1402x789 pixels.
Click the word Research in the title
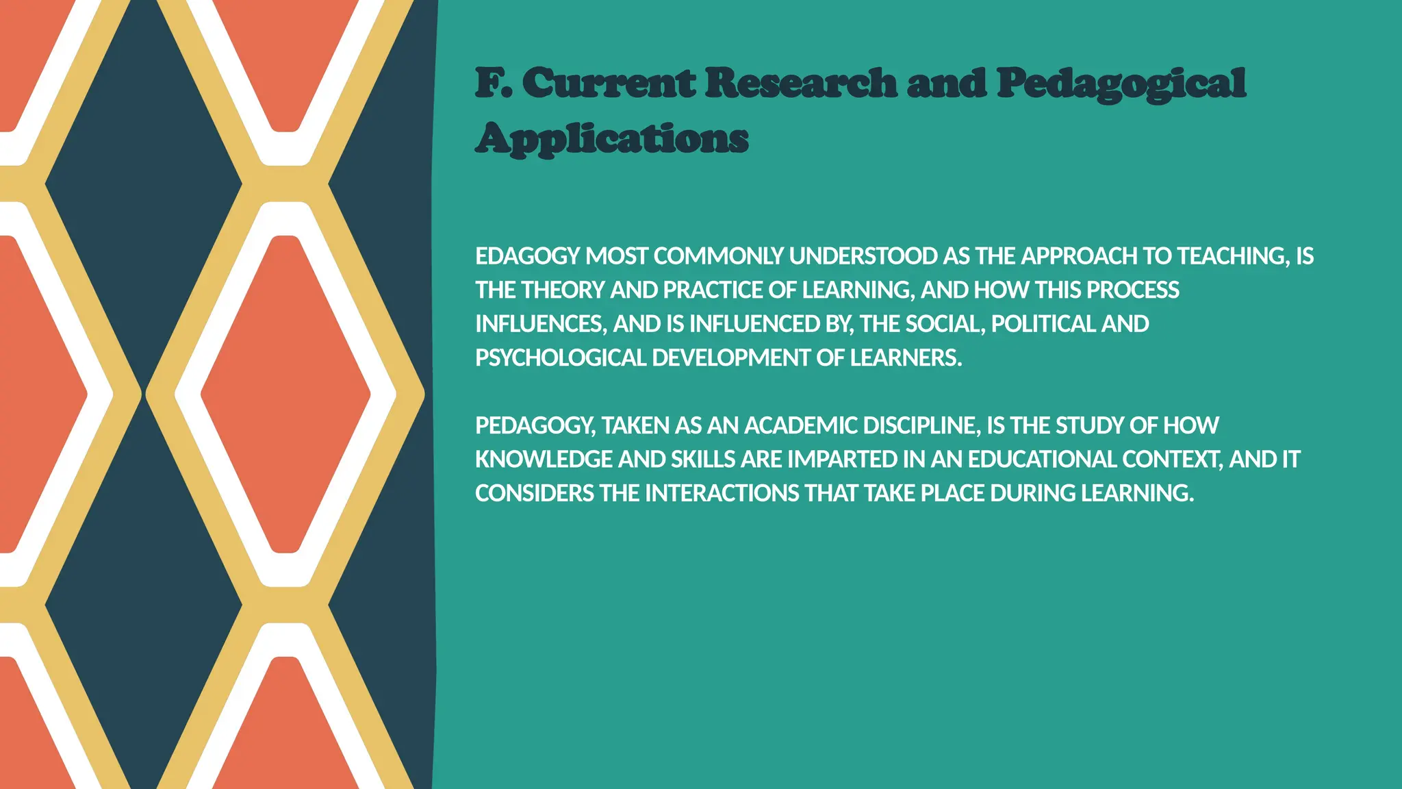pyautogui.click(x=800, y=83)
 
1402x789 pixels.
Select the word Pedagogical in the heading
pyautogui.click(x=1121, y=84)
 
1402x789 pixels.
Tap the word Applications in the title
pyautogui.click(x=611, y=139)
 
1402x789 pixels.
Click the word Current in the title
pyautogui.click(x=609, y=83)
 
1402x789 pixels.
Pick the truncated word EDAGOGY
pyautogui.click(x=527, y=256)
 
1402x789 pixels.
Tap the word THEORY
pyautogui.click(x=563, y=290)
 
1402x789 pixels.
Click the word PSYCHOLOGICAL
pyautogui.click(x=561, y=358)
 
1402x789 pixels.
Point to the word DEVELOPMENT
pyautogui.click(x=731, y=358)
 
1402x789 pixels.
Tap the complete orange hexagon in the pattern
pyautogui.click(x=285, y=394)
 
